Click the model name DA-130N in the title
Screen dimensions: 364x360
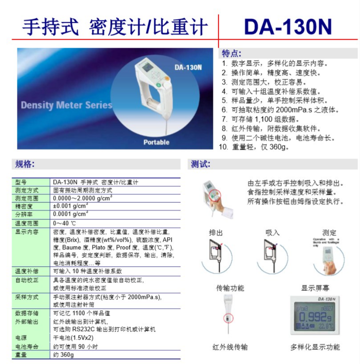pos(287,26)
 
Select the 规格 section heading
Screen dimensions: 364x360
pos(25,164)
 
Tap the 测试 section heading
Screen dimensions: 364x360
pos(200,164)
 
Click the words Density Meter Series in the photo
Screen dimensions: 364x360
pos(66,105)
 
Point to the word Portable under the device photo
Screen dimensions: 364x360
pos(156,142)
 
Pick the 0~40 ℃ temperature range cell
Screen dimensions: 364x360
pos(64,223)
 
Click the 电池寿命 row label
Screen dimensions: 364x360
pos(27,347)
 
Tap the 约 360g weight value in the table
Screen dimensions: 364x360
pos(64,355)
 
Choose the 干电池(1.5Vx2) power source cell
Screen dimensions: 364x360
pos(74,338)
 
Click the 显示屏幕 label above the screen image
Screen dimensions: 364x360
pos(315,288)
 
